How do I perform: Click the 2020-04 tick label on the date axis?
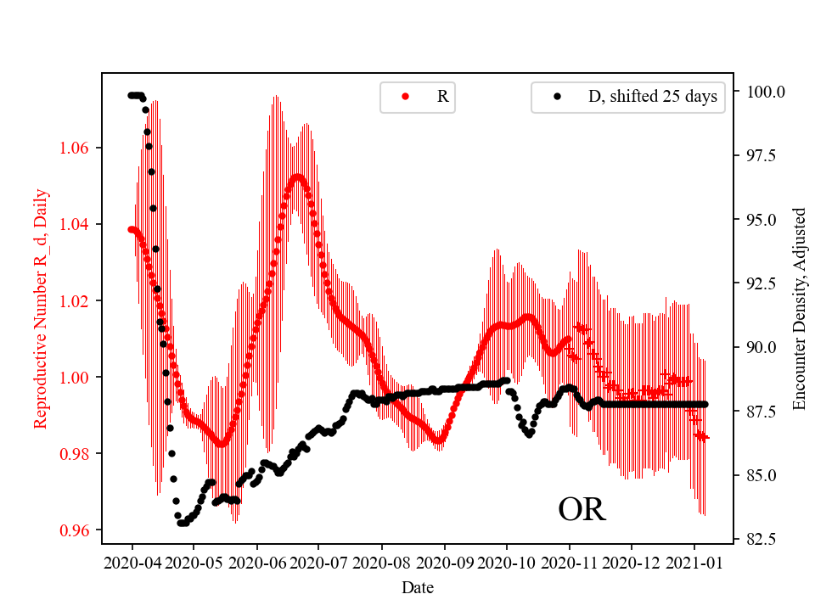(132, 562)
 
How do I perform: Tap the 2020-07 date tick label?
(318, 562)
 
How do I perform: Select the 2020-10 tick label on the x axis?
(507, 562)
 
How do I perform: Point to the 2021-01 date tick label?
(694, 562)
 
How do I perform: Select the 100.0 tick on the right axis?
(765, 92)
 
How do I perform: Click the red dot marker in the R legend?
(405, 97)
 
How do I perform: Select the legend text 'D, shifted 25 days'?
(652, 97)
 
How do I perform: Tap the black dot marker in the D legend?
(557, 97)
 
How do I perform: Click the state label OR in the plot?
(582, 510)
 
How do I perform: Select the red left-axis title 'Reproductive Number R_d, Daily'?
(40, 309)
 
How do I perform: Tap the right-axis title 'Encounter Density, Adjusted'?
(798, 309)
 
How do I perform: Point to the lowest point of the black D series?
(183, 523)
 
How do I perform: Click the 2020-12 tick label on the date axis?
(632, 562)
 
